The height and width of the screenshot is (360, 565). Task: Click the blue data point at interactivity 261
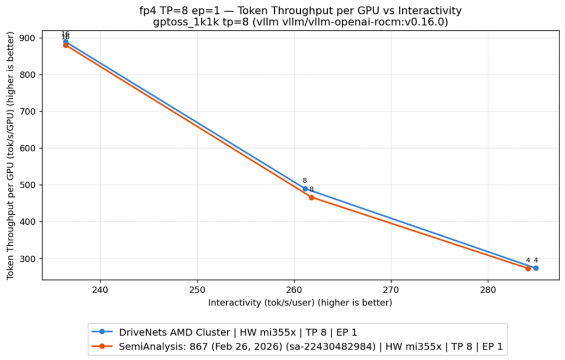point(305,189)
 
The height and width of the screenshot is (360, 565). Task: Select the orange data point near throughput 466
point(311,197)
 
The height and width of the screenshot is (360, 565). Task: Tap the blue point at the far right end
point(536,268)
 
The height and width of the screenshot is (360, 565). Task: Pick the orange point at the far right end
point(528,268)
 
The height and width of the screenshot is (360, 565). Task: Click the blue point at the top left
point(66,42)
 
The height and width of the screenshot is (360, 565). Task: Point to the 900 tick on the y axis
point(30,38)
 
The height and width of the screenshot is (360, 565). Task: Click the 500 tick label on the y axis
point(30,185)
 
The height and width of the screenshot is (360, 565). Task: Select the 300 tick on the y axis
point(30,258)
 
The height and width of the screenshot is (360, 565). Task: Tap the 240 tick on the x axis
point(100,289)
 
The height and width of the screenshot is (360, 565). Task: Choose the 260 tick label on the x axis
point(294,289)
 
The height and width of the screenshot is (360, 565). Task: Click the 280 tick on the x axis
point(488,289)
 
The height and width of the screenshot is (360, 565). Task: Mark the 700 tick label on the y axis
point(30,112)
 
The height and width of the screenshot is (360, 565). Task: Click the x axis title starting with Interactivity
point(300,303)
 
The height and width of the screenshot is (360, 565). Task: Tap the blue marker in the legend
point(102,332)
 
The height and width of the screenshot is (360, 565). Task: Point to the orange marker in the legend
point(102,347)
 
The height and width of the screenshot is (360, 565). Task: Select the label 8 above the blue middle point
point(305,181)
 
